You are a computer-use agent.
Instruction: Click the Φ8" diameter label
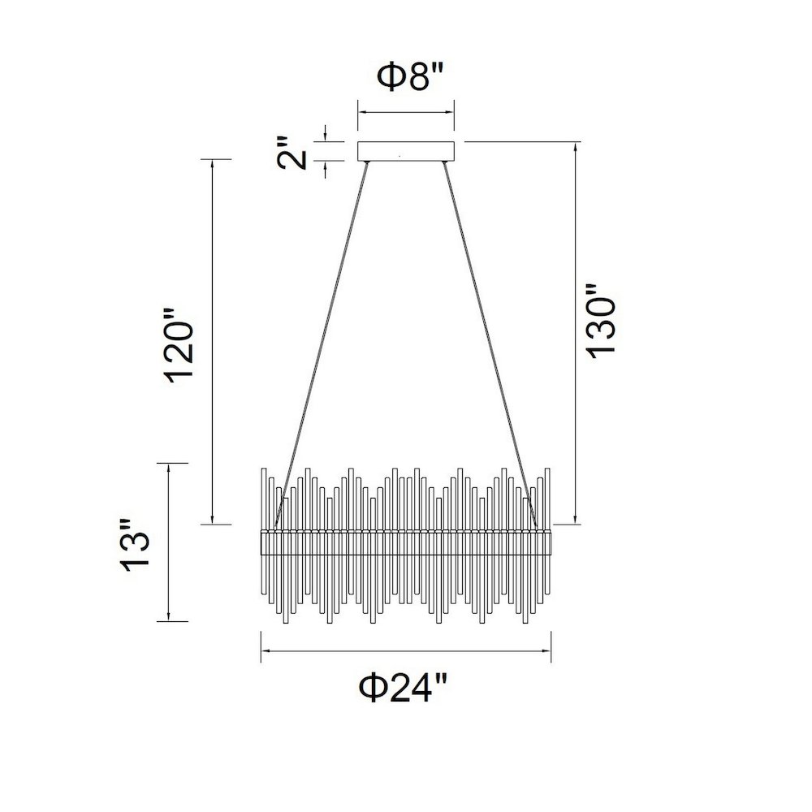(x=410, y=76)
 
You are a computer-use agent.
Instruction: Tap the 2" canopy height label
(x=292, y=153)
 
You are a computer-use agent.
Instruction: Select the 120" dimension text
(x=179, y=345)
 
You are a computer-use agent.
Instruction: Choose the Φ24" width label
(x=403, y=687)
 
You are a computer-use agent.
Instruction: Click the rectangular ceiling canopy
(x=406, y=151)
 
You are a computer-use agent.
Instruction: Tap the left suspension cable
(x=321, y=344)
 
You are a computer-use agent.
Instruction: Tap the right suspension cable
(x=490, y=344)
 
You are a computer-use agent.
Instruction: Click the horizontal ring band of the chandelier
(x=405, y=542)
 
